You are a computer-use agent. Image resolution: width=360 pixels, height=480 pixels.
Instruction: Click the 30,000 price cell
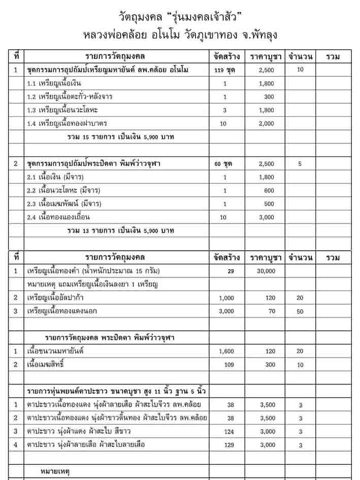click(266, 271)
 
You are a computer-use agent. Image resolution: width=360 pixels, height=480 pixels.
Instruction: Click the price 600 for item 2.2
click(266, 190)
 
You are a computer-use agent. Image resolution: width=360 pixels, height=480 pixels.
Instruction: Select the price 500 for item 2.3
click(266, 204)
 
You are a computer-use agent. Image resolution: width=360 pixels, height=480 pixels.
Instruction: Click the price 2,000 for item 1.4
click(266, 123)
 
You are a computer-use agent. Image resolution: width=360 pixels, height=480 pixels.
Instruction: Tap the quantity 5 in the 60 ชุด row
click(300, 164)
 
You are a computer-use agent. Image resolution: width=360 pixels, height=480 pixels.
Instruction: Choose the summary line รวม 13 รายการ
click(121, 231)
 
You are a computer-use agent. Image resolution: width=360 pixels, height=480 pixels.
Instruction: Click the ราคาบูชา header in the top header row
click(266, 56)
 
